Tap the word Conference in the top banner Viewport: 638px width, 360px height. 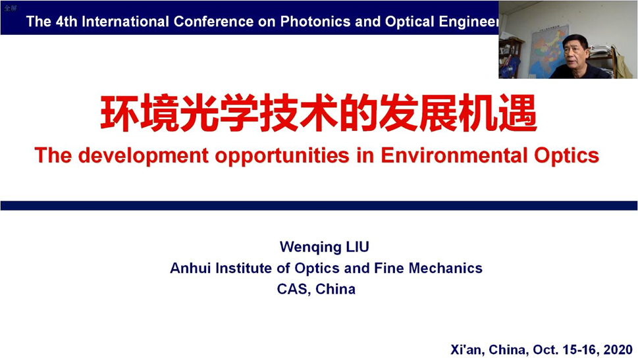tap(213, 21)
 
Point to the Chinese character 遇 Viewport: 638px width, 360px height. tap(518, 113)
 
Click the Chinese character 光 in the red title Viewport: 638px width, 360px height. tap(199, 113)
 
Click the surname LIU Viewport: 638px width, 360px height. tap(358, 247)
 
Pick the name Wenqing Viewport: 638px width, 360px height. tap(310, 247)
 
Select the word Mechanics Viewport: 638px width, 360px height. tap(445, 268)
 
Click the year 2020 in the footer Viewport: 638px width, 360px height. tap(618, 349)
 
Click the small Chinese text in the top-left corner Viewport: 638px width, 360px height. tap(10, 8)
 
